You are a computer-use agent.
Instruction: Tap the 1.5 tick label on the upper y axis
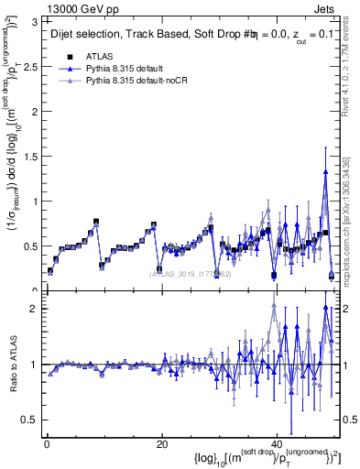pyautogui.click(x=31, y=156)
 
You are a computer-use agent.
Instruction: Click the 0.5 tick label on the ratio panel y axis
pyautogui.click(x=31, y=420)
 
